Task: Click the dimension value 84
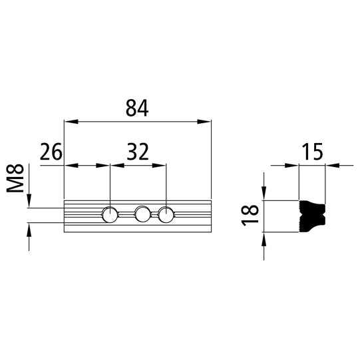[x=137, y=108]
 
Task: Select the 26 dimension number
[x=51, y=152]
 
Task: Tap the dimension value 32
[x=137, y=152]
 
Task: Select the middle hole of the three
[x=142, y=214]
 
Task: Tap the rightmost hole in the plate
[x=165, y=214]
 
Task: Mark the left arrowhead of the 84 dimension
[x=69, y=122]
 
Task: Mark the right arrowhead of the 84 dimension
[x=206, y=122]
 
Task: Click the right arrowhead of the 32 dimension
[x=160, y=165]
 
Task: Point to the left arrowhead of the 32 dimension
[x=114, y=165]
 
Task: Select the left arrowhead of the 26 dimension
[x=69, y=165]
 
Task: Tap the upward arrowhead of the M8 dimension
[x=29, y=228]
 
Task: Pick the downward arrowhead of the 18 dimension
[x=264, y=194]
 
